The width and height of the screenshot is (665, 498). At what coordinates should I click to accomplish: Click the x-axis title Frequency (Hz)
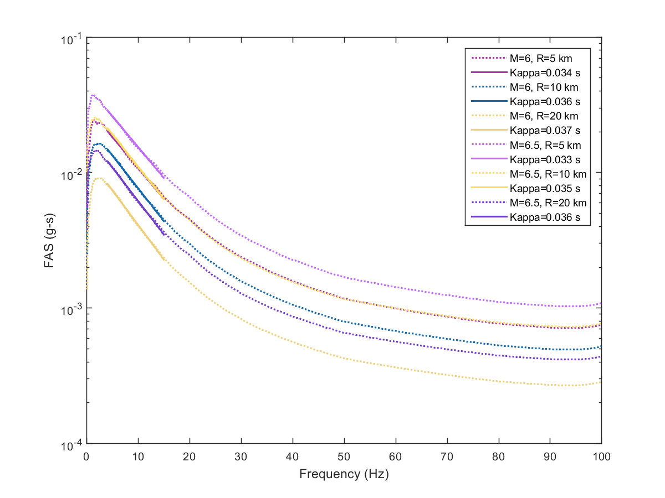344,474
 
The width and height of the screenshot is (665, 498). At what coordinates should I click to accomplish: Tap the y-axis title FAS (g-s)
50,241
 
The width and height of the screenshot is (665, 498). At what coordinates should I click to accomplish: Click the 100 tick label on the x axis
601,457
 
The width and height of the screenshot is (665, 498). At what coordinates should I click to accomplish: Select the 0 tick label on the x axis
86,457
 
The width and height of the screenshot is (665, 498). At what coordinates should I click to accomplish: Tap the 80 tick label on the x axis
499,457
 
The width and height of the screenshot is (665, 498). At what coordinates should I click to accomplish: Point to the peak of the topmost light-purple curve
93,95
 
